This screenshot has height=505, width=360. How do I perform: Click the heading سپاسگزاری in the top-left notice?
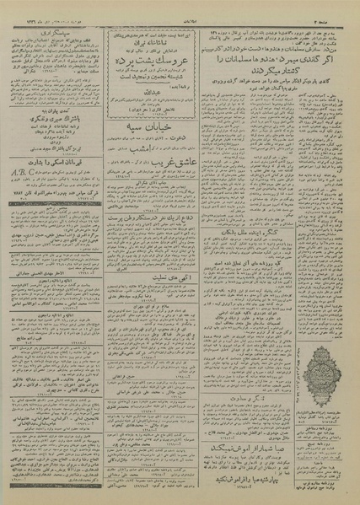pos(67,28)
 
